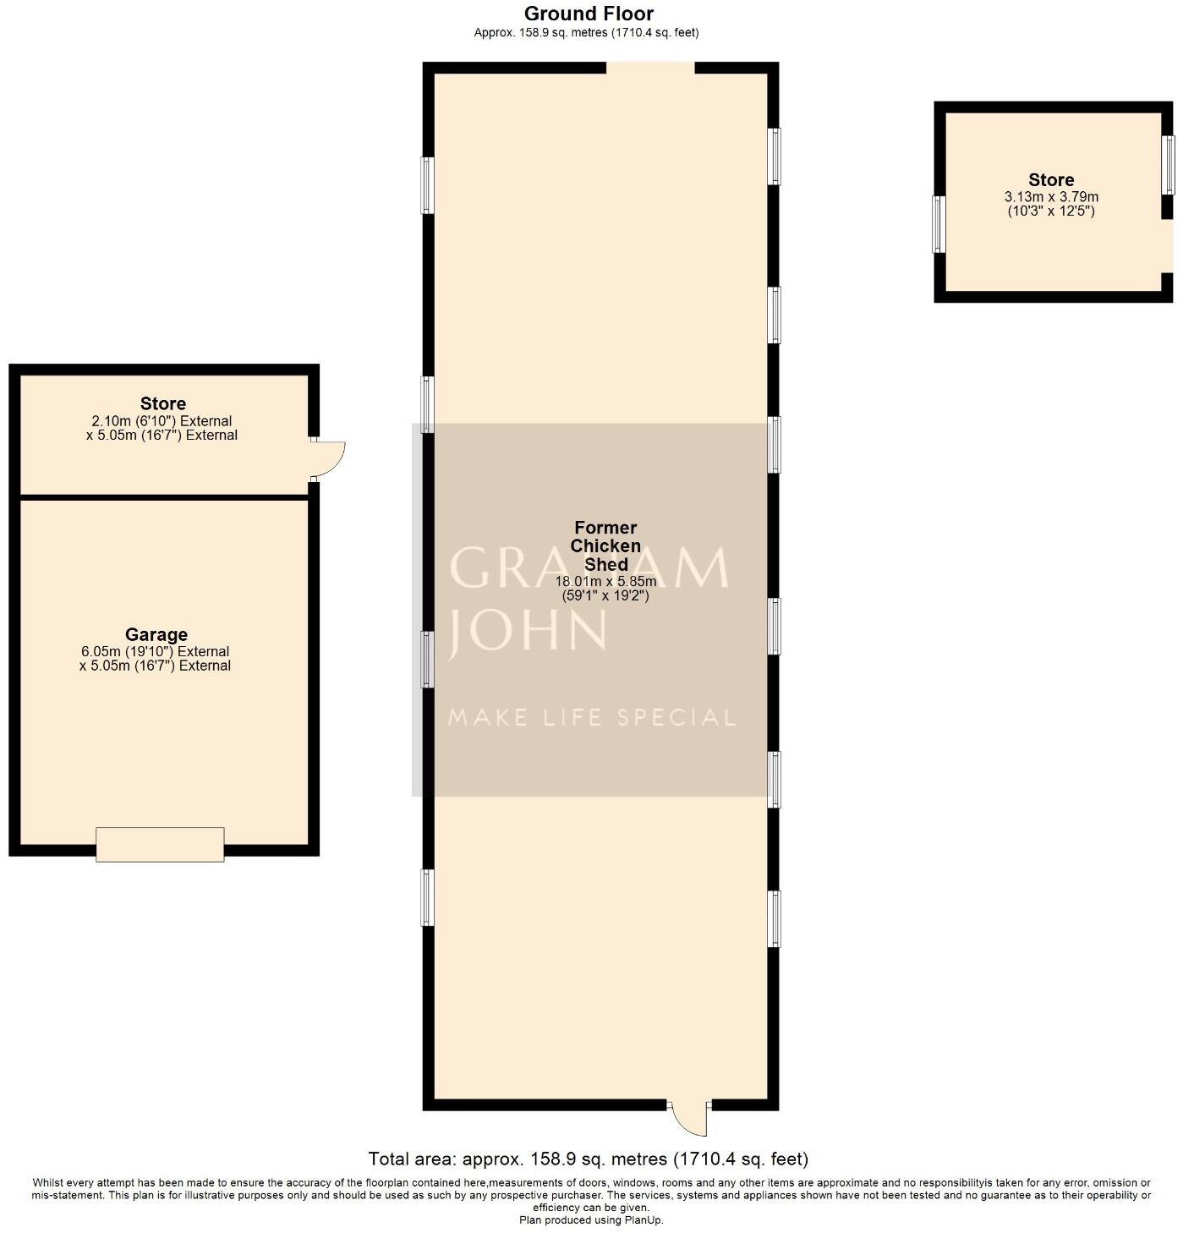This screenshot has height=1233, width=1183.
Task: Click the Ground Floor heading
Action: coord(589,14)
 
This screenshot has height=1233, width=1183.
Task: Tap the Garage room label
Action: coord(156,634)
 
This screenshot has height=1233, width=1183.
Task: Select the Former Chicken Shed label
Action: coord(605,545)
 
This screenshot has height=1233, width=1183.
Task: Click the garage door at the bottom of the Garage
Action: coord(160,844)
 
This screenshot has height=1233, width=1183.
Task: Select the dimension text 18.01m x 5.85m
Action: coord(605,582)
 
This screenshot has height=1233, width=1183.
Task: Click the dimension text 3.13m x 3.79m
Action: coord(1051,196)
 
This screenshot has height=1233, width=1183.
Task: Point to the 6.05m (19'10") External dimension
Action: coord(155,651)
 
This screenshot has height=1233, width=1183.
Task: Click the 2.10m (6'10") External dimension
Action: coord(162,420)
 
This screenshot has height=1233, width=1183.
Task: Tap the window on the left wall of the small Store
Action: coord(938,224)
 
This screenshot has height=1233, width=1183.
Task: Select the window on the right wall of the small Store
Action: coord(1168,164)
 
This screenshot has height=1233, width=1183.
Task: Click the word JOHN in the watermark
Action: coord(528,630)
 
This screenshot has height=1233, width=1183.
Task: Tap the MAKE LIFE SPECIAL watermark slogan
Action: coord(591,718)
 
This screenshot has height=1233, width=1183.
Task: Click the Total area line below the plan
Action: coord(589,1159)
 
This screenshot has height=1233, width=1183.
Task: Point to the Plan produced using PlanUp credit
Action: coord(591,1219)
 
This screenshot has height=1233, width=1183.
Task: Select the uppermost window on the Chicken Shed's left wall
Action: coord(428,185)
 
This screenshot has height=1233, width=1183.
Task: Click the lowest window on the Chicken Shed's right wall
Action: coord(774,918)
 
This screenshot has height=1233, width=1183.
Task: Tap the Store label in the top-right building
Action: coord(1051,179)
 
